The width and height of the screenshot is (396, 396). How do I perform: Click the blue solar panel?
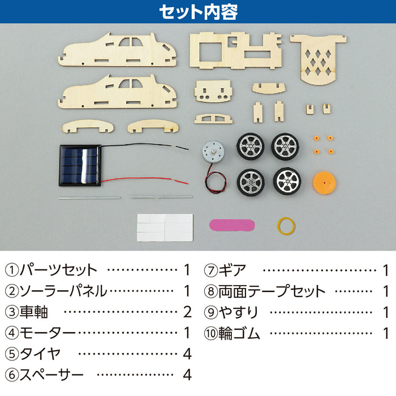(x=80, y=165)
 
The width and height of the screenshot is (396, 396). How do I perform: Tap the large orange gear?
(x=324, y=183)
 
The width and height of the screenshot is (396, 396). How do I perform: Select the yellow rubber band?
(x=286, y=226)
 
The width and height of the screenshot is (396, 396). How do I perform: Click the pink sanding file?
(x=232, y=225)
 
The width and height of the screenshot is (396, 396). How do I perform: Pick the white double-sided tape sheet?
(x=165, y=227)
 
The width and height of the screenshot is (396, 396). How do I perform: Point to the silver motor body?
(x=213, y=152)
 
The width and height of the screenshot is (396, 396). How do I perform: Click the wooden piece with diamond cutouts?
(x=318, y=59)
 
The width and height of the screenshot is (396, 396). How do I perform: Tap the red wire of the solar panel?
(x=145, y=179)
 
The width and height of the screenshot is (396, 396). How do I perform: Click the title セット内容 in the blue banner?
(x=198, y=12)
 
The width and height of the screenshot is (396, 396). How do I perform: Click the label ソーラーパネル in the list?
(x=63, y=291)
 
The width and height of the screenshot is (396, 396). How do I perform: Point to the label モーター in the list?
(x=48, y=333)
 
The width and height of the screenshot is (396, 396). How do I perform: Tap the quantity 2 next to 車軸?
(x=187, y=312)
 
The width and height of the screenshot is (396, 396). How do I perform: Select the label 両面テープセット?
(x=272, y=291)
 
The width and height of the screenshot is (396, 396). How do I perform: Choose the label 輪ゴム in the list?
(x=239, y=333)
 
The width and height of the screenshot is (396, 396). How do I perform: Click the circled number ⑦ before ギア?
(x=211, y=270)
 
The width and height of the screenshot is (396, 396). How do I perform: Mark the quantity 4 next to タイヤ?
(x=187, y=354)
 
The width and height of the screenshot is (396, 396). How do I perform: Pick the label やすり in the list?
(x=238, y=312)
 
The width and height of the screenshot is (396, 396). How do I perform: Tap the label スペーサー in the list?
(x=51, y=375)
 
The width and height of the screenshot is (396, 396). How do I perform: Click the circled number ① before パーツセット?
(x=12, y=270)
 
